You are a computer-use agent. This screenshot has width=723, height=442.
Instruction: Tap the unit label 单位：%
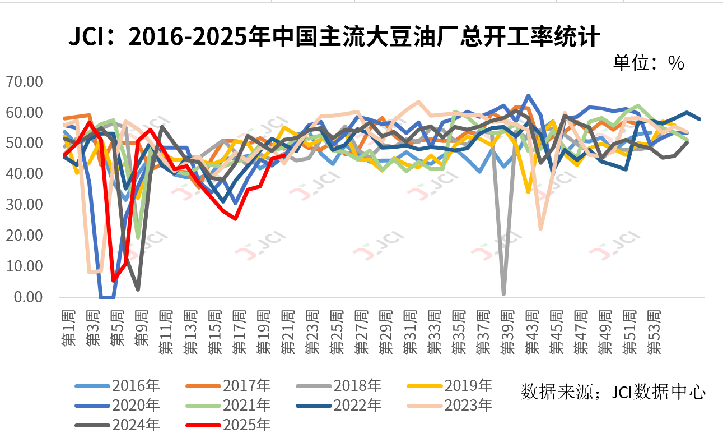tap(649, 63)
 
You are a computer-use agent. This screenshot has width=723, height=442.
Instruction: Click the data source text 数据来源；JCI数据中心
tap(613, 391)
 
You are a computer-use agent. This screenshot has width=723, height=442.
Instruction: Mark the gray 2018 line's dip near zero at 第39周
tap(504, 293)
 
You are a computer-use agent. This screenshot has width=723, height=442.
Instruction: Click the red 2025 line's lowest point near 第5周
tap(114, 280)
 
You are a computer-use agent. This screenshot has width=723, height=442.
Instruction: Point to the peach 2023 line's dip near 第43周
tap(540, 228)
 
